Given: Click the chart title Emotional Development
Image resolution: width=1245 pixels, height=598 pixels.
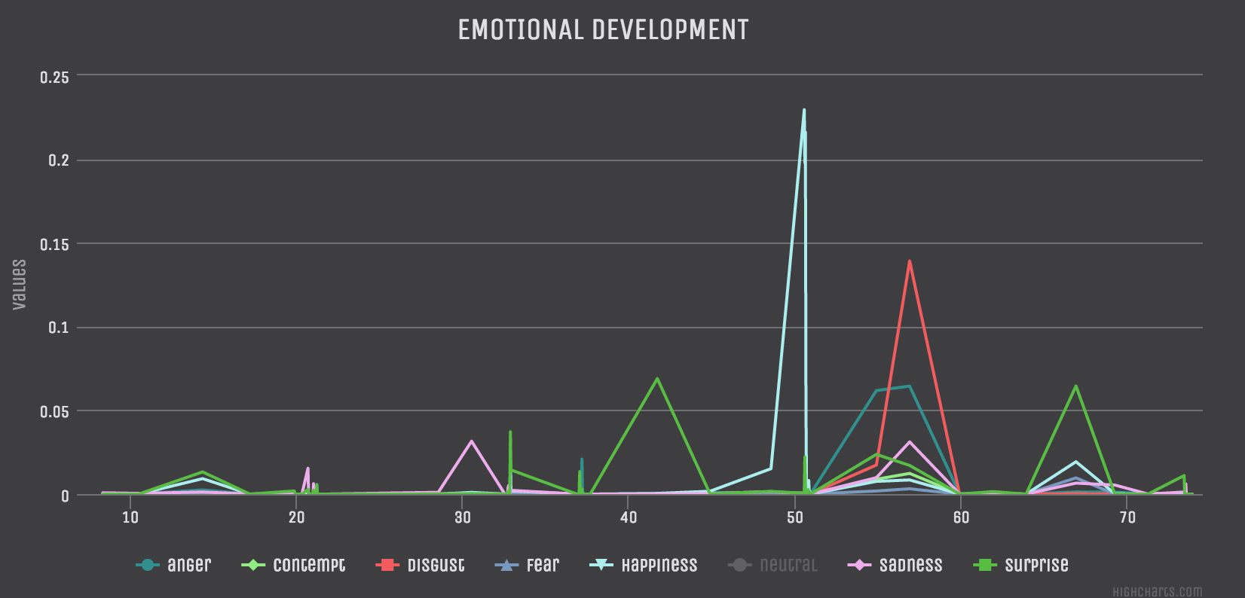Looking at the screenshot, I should (x=603, y=30).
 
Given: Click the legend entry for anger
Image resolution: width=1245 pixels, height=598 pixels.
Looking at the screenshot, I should (x=188, y=565).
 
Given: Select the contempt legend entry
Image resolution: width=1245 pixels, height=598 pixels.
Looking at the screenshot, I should (x=309, y=565).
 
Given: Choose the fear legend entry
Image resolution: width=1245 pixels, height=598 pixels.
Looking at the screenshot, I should (x=543, y=565).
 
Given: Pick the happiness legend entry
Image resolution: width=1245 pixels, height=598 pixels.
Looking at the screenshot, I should (x=659, y=565).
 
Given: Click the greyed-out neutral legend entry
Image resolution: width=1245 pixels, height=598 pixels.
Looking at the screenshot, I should (x=788, y=565).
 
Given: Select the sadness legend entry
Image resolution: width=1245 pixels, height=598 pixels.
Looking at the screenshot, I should (x=910, y=565).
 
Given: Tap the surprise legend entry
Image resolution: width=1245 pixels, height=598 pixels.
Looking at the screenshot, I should (x=1036, y=565).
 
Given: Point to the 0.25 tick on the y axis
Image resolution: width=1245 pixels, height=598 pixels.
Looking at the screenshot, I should (x=54, y=77).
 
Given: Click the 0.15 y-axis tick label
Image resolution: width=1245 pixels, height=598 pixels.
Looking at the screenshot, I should (x=54, y=244).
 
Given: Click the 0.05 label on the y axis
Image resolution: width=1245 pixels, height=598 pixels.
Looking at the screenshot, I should (x=54, y=411).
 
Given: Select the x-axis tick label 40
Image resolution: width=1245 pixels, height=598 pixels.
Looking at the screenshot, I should (x=629, y=517).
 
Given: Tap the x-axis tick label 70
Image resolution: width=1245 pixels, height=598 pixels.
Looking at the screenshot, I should (x=1127, y=517).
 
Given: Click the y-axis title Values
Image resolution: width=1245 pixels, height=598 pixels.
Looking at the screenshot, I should (x=20, y=285).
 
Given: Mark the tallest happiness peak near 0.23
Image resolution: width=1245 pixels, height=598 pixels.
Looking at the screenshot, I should (x=804, y=110).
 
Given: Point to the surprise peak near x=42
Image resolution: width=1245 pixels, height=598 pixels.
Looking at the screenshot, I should (x=657, y=378).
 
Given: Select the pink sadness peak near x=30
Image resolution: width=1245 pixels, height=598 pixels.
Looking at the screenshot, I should (x=472, y=441).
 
